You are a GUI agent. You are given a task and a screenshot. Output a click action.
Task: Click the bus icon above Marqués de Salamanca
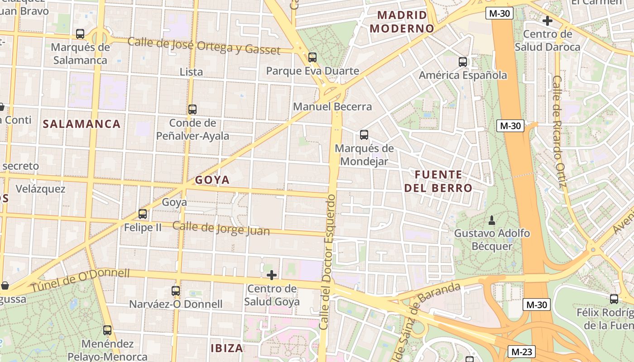click(x=80, y=34)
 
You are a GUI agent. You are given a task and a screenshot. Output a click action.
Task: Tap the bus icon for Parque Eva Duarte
click(x=312, y=57)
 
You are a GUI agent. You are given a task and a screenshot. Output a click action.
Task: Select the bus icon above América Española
click(x=462, y=62)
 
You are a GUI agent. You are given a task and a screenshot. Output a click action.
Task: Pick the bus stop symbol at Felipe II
click(x=143, y=214)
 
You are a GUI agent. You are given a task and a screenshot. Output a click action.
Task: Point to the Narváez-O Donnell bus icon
click(x=176, y=291)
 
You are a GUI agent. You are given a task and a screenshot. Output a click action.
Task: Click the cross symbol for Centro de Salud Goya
click(x=272, y=275)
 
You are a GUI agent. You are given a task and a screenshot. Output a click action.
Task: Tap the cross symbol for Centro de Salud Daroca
click(x=547, y=21)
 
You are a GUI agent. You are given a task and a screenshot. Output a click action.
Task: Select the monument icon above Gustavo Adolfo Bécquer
click(x=492, y=220)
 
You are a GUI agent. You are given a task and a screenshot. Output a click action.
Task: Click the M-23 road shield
click(x=522, y=351)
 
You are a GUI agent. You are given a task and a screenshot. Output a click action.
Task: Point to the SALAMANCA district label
click(x=82, y=124)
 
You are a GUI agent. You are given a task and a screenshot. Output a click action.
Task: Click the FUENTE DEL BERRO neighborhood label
click(x=438, y=181)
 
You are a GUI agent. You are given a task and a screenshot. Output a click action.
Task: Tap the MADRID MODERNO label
click(x=402, y=22)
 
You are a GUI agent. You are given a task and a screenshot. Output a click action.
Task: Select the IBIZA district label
click(x=227, y=348)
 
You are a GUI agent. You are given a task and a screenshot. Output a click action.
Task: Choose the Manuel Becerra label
click(x=332, y=107)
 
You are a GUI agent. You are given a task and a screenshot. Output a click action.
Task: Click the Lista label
click(x=191, y=72)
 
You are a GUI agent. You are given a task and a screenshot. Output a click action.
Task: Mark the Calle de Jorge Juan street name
click(x=221, y=229)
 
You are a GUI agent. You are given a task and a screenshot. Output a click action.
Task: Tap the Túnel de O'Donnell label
click(x=80, y=280)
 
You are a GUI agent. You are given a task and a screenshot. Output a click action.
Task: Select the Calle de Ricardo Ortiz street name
click(x=560, y=131)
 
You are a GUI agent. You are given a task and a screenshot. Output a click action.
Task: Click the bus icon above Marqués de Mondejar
click(x=364, y=135)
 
